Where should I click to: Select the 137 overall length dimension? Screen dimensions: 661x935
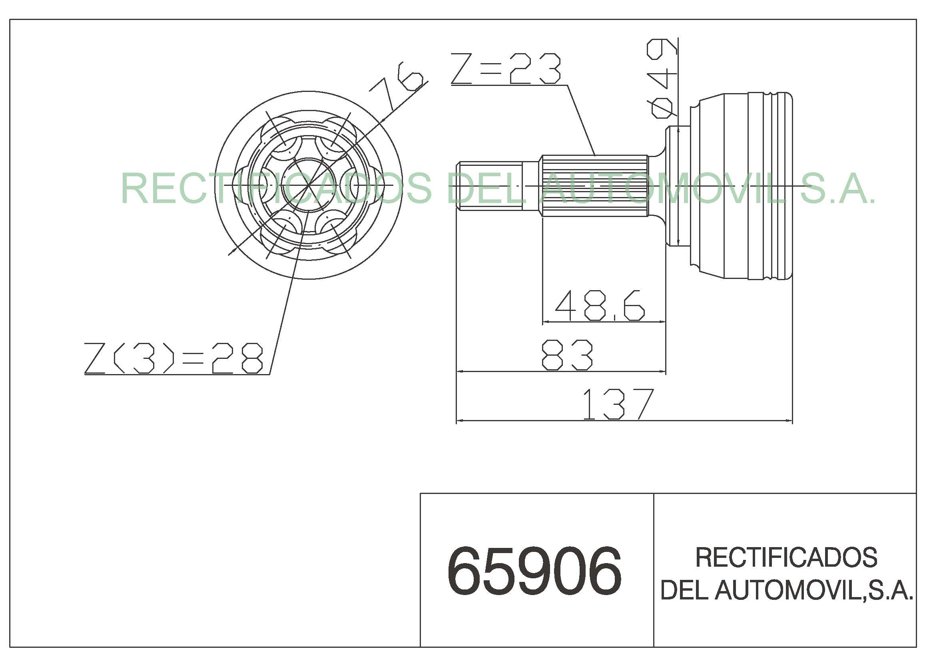coord(618,404)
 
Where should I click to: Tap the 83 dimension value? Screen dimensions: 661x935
coord(566,355)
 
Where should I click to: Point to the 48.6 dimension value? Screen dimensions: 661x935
coord(600,306)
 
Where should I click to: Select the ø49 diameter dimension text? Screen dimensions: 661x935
coord(662,78)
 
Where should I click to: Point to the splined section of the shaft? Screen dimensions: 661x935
coord(595,185)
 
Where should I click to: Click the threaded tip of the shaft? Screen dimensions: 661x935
coord(488,185)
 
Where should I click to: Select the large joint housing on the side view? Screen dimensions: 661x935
coord(741,185)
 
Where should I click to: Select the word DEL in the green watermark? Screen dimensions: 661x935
coord(488,188)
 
